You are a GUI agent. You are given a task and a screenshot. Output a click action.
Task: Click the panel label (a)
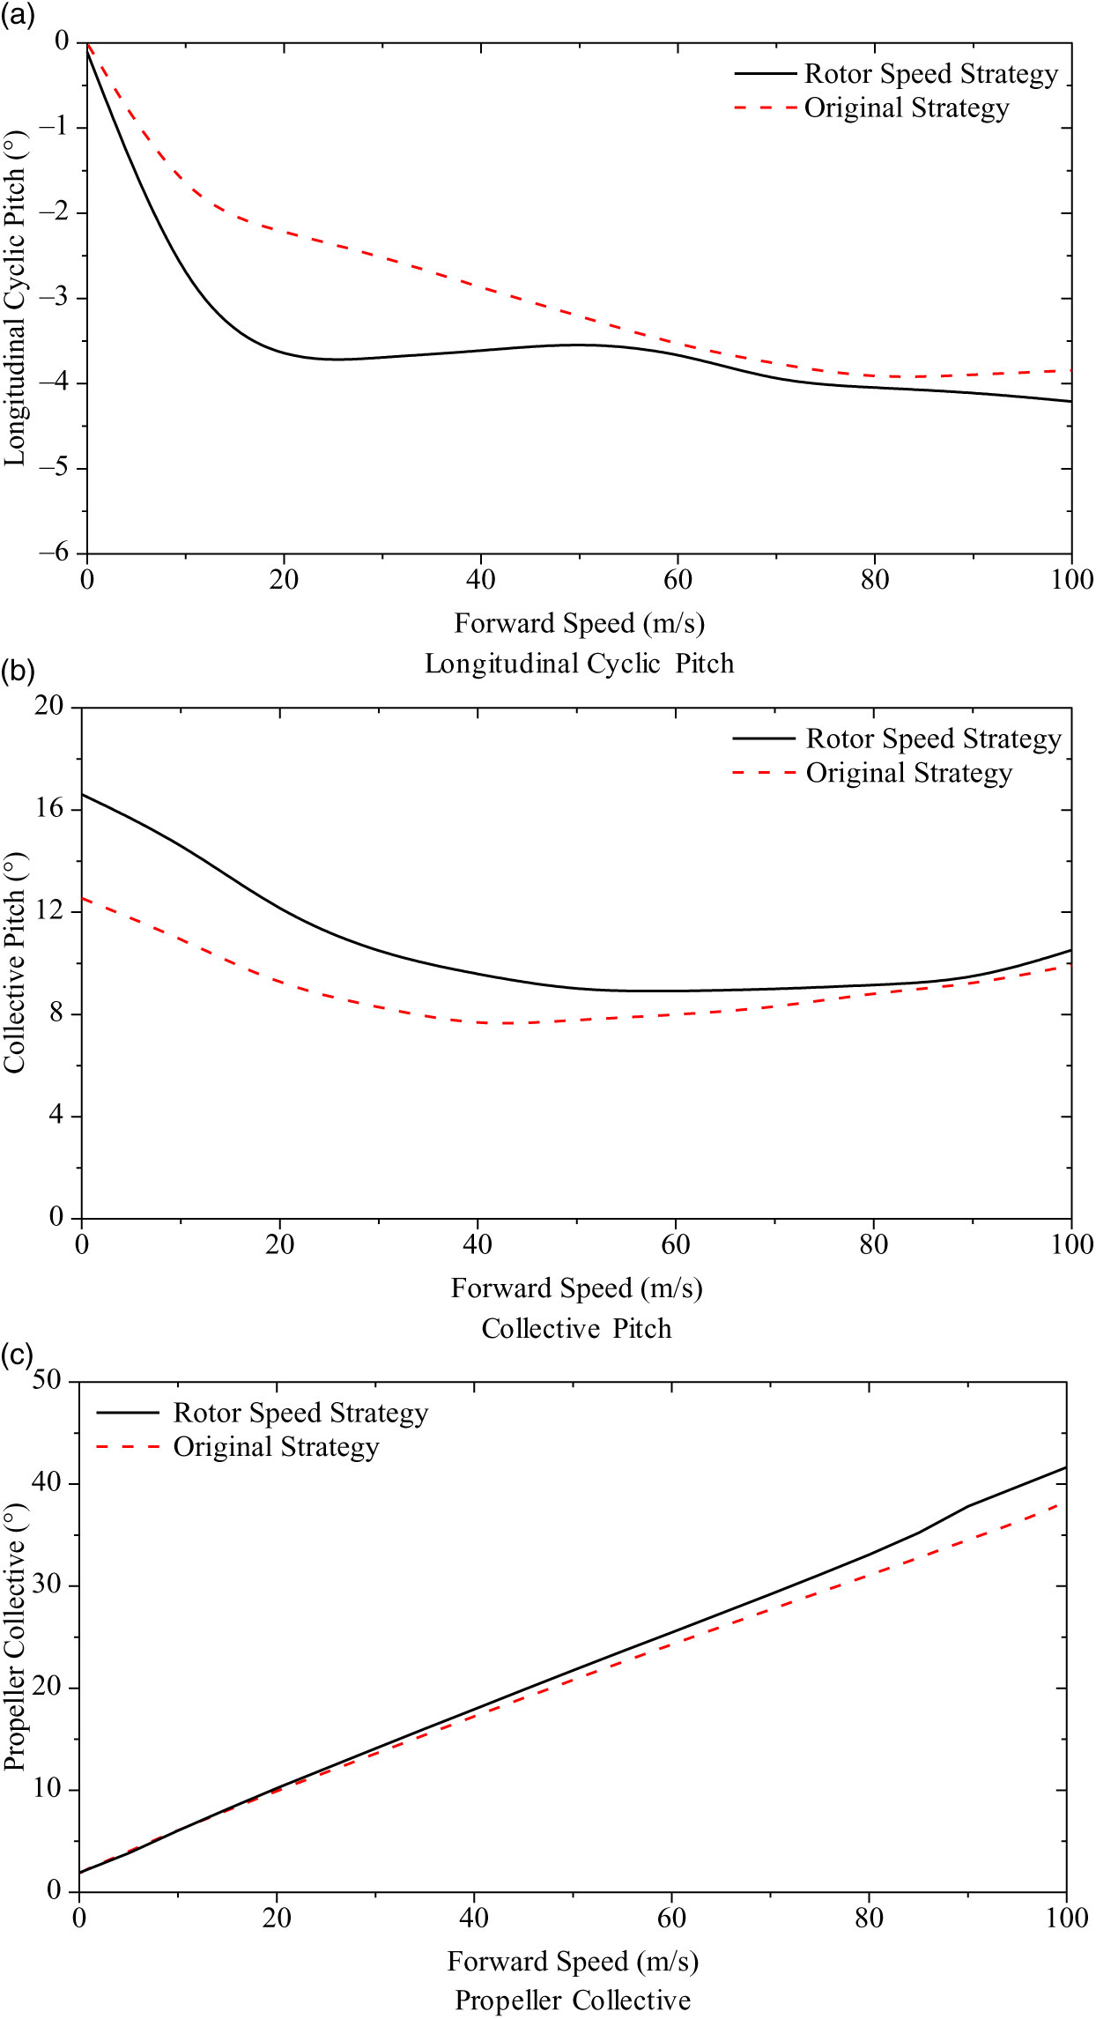tap(17, 15)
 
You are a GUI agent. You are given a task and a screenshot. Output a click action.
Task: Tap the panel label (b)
tap(17, 672)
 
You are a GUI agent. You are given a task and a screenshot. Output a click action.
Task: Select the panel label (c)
tap(17, 1354)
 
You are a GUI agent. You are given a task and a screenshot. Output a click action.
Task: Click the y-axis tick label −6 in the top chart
tap(54, 553)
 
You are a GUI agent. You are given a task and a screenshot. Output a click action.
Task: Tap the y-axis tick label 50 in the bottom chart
tap(48, 1379)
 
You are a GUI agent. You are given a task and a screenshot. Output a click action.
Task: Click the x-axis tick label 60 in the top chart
tap(678, 580)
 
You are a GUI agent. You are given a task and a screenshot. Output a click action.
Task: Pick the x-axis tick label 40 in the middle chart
tap(478, 1244)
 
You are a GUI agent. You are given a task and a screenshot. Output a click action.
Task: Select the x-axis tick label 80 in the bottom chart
tap(869, 1918)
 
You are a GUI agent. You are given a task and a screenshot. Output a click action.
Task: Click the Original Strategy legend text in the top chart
tap(906, 108)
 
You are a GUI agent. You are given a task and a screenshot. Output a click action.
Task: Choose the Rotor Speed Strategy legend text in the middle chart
tap(933, 739)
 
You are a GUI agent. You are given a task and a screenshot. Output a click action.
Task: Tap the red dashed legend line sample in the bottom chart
tap(128, 1446)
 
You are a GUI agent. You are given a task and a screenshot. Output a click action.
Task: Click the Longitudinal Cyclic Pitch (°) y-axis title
tap(15, 299)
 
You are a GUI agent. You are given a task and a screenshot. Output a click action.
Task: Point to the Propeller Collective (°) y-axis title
tap(15, 1637)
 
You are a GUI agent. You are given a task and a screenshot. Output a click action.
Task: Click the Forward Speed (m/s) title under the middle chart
tap(576, 1288)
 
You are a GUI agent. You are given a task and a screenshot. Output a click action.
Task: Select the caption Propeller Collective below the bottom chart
tap(572, 2000)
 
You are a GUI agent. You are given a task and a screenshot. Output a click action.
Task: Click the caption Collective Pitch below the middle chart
tap(576, 1329)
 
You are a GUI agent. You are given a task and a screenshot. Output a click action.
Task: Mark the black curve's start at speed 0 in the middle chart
tap(82, 794)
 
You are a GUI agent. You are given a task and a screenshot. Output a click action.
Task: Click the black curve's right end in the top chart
tap(1071, 401)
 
